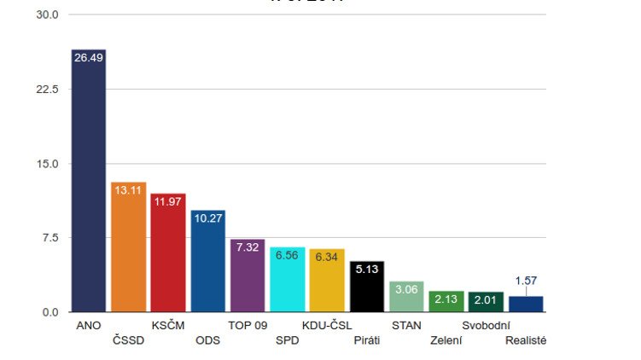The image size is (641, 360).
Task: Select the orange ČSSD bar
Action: [x=129, y=252]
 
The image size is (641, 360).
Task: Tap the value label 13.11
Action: [x=129, y=190]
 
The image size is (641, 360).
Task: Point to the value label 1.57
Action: [x=526, y=281]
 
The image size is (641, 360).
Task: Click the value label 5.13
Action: [x=367, y=268]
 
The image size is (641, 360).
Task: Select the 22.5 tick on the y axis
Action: [x=47, y=90]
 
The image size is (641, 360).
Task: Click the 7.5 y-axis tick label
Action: [x=50, y=238]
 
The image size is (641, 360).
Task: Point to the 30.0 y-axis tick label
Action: [x=47, y=15]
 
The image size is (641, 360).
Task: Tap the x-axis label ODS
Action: [x=207, y=340]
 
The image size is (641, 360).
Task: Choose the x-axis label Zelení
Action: [x=446, y=340]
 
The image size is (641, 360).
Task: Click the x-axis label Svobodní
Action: [x=486, y=325]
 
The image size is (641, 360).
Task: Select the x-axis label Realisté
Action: [x=526, y=340]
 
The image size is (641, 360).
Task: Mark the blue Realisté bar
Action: [x=526, y=304]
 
